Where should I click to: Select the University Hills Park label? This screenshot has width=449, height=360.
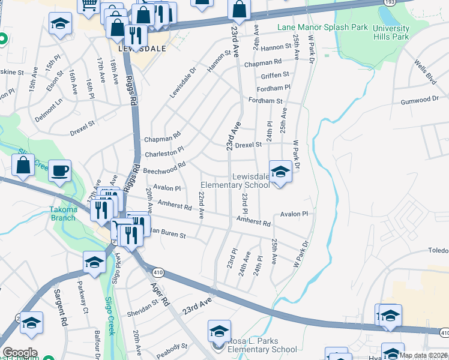tap(390, 32)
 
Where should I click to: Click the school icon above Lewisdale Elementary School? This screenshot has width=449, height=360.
tap(280, 172)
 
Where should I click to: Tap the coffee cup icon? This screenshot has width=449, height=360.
tap(59, 170)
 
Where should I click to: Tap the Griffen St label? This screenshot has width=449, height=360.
tap(275, 75)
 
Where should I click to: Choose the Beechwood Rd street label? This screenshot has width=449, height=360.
tap(164, 167)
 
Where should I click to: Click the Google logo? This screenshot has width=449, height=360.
tap(19, 353)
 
